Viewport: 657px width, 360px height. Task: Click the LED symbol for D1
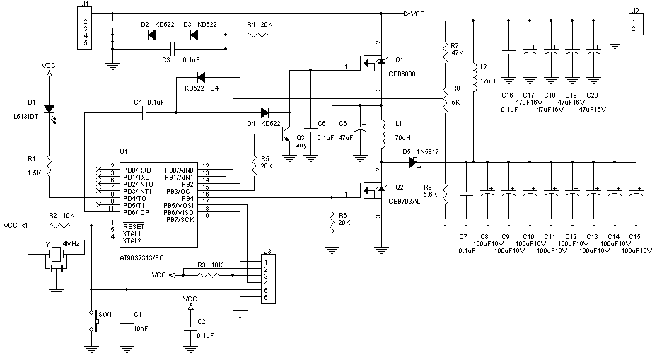48,110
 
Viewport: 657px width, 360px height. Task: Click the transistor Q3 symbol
286,139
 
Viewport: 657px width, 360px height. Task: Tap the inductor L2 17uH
472,74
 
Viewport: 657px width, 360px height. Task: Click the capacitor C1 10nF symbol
127,320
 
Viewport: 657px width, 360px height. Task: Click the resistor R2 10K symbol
57,226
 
